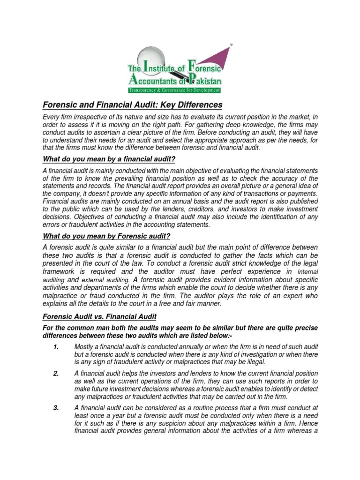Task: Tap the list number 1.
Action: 56,346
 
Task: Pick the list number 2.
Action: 56,373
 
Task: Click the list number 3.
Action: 56,408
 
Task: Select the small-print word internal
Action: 308,272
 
